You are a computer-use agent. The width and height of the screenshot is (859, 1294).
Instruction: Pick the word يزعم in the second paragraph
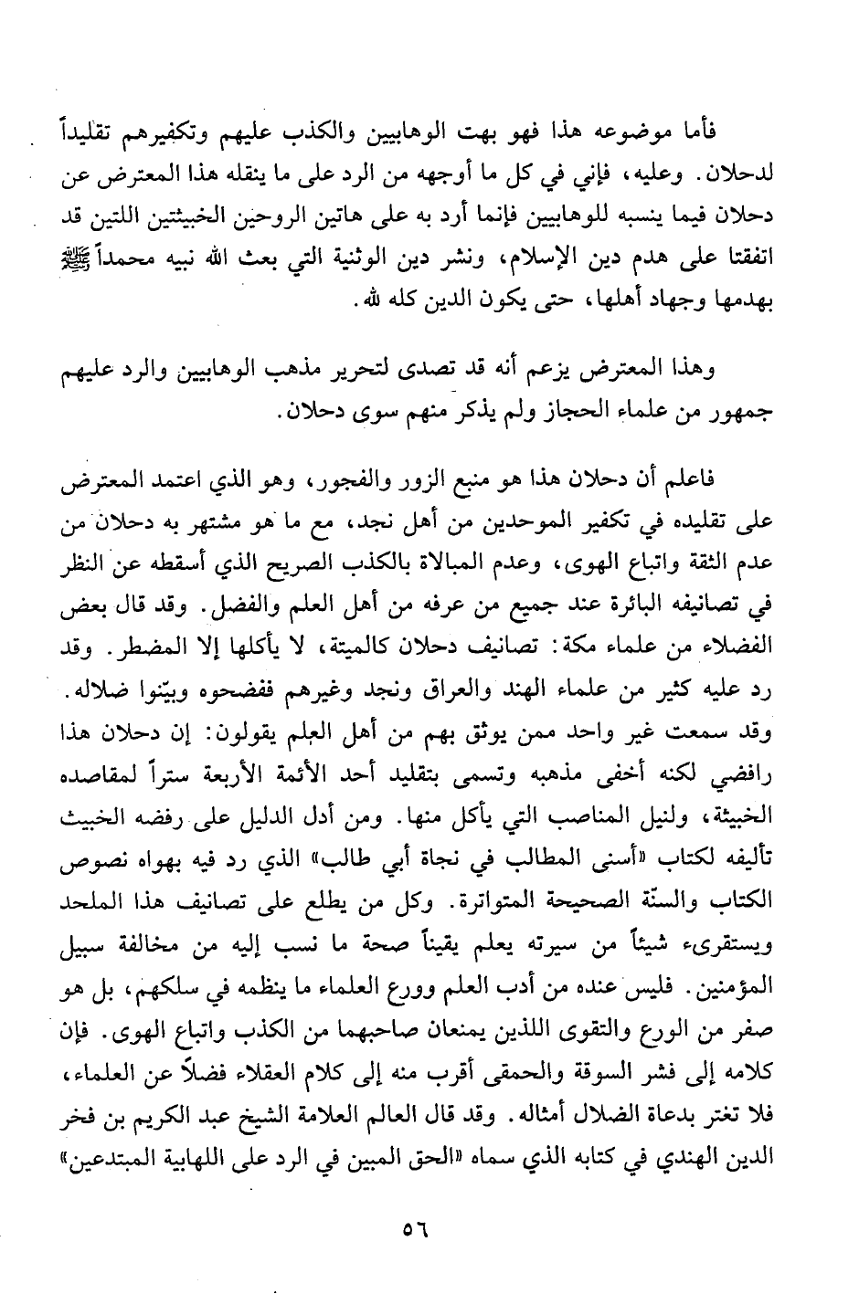566,374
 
